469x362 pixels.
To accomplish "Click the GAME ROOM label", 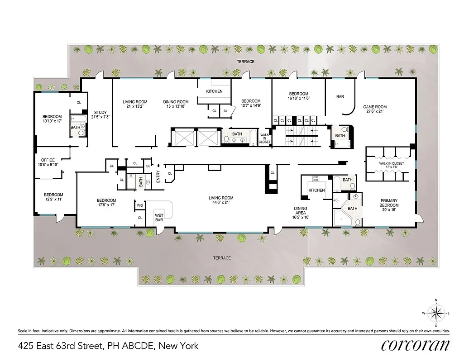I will tap(375, 107).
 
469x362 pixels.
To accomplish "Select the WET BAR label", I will tap(159, 217).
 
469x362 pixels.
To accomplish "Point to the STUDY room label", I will tap(100, 112).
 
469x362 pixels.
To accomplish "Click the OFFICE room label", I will tap(48, 160).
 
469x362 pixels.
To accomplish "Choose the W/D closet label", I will tap(140, 206).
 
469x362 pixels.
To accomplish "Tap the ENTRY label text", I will tap(158, 176).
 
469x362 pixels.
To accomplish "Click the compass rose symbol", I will tap(435, 313).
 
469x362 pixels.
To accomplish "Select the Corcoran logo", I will tap(415, 345).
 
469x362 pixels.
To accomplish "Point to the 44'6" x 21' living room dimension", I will tap(221, 203).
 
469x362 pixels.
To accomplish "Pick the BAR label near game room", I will tap(340, 96).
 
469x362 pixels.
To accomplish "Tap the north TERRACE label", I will tap(247, 62).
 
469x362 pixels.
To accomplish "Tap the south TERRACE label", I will tap(222, 258).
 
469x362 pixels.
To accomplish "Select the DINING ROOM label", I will tap(176, 102).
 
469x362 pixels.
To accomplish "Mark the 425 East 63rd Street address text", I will tap(108, 346).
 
